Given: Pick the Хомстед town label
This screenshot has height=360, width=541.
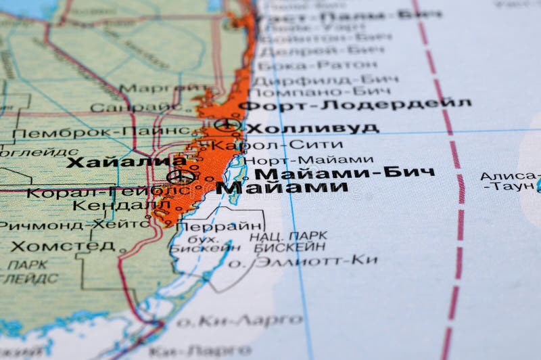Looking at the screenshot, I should click(x=62, y=246).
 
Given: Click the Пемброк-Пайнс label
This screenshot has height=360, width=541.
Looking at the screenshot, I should click(x=100, y=132).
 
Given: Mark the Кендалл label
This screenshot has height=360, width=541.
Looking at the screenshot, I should click(x=122, y=204).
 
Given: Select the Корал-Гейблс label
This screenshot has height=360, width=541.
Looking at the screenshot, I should click(x=108, y=192).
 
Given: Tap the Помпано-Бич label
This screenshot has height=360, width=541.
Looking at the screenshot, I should click(x=323, y=91).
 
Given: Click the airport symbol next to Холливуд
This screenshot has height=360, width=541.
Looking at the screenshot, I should click(x=227, y=124).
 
